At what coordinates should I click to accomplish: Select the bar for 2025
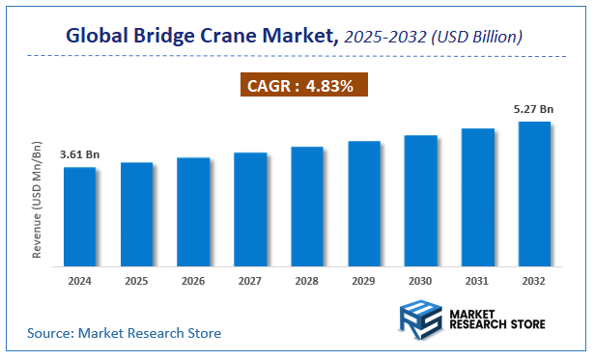[136, 213]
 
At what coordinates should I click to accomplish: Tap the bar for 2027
[250, 208]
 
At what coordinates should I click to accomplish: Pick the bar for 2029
[364, 203]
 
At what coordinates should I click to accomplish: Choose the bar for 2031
[478, 197]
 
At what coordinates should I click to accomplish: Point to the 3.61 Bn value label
[79, 154]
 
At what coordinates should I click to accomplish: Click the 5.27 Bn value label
[534, 109]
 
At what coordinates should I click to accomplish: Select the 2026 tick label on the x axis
[193, 282]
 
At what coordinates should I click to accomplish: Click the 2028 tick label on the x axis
[307, 282]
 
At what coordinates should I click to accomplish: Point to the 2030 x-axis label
[421, 282]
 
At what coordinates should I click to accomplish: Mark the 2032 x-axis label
[534, 282]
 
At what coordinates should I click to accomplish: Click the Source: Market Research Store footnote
[123, 333]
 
